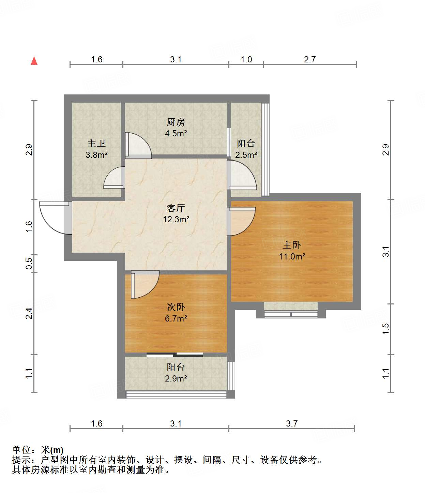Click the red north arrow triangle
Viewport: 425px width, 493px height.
click(x=34, y=61)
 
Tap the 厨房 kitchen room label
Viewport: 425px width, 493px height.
click(x=176, y=122)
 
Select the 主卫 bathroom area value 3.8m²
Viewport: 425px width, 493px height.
click(x=96, y=155)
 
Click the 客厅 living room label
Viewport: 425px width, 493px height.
click(x=176, y=208)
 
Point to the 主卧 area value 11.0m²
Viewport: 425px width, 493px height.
click(x=292, y=256)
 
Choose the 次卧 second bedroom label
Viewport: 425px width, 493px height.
click(x=176, y=307)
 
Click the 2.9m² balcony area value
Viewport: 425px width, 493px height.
click(x=176, y=378)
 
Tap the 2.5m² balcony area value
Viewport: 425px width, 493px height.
click(x=246, y=155)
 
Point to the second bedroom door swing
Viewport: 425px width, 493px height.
click(x=145, y=284)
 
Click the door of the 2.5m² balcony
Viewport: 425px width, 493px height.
click(x=242, y=175)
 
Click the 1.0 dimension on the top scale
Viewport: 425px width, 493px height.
click(x=246, y=59)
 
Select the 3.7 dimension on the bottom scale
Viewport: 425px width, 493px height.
click(x=291, y=423)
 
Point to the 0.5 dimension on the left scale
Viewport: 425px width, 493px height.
click(x=29, y=264)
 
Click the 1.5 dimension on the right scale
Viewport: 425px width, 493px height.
click(x=385, y=329)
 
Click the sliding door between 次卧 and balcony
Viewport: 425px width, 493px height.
click(x=174, y=355)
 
